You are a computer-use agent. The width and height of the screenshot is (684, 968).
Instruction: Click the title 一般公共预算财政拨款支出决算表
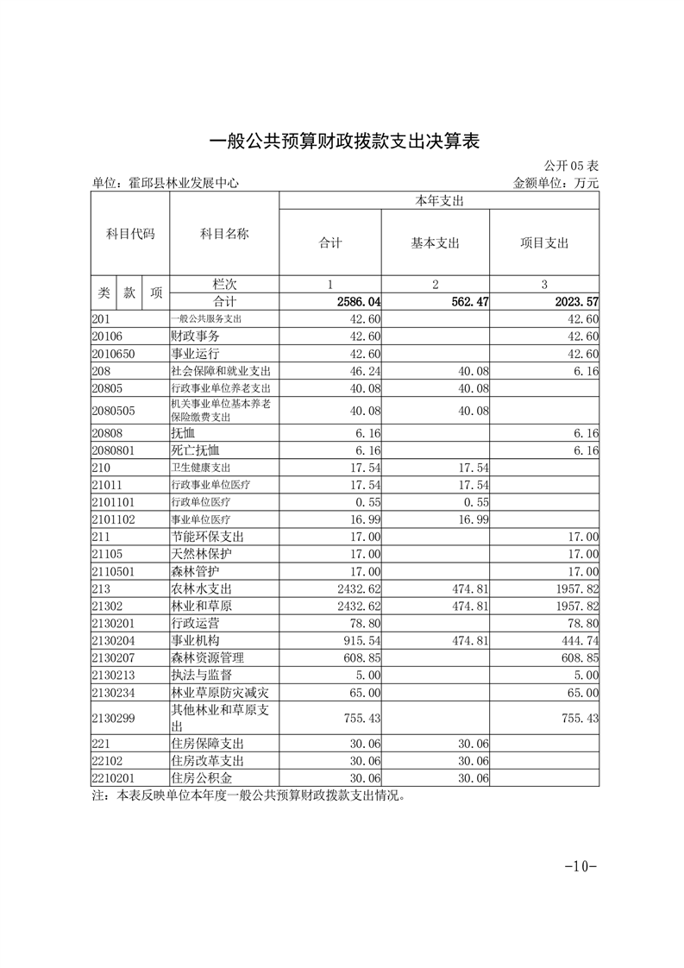pos(343,141)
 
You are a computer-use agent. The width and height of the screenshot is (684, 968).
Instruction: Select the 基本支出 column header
pos(435,243)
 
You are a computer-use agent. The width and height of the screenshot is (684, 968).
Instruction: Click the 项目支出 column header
pos(544,243)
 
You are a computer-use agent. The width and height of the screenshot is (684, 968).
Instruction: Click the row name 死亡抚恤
pos(196,450)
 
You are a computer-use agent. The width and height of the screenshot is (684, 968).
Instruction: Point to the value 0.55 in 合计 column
pos(368,501)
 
